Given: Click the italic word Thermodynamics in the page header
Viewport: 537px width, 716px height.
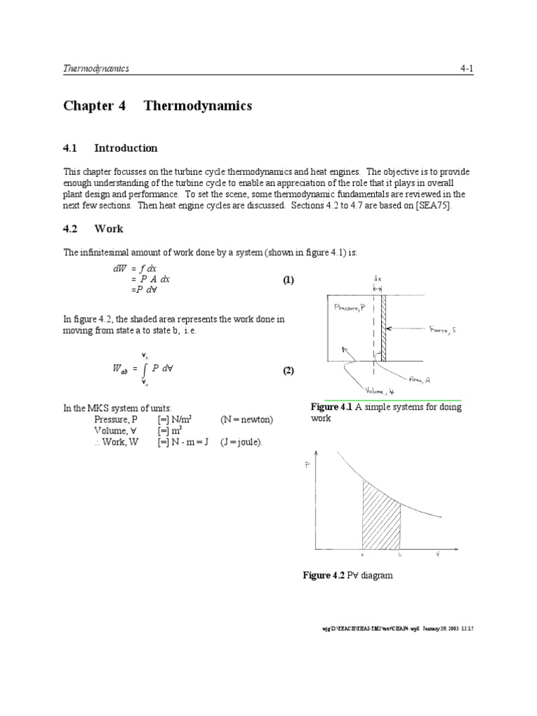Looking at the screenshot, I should coord(96,69).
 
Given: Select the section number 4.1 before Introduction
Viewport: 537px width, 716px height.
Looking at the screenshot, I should coord(72,148).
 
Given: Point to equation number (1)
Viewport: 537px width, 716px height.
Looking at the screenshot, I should coord(289,280).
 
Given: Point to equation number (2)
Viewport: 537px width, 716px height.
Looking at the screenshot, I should coord(289,371).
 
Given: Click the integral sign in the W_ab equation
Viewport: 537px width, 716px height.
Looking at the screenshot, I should coord(144,371).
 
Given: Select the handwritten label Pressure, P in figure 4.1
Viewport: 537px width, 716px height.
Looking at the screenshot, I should coord(351,306).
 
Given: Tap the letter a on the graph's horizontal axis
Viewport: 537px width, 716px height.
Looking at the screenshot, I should coord(361,555).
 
